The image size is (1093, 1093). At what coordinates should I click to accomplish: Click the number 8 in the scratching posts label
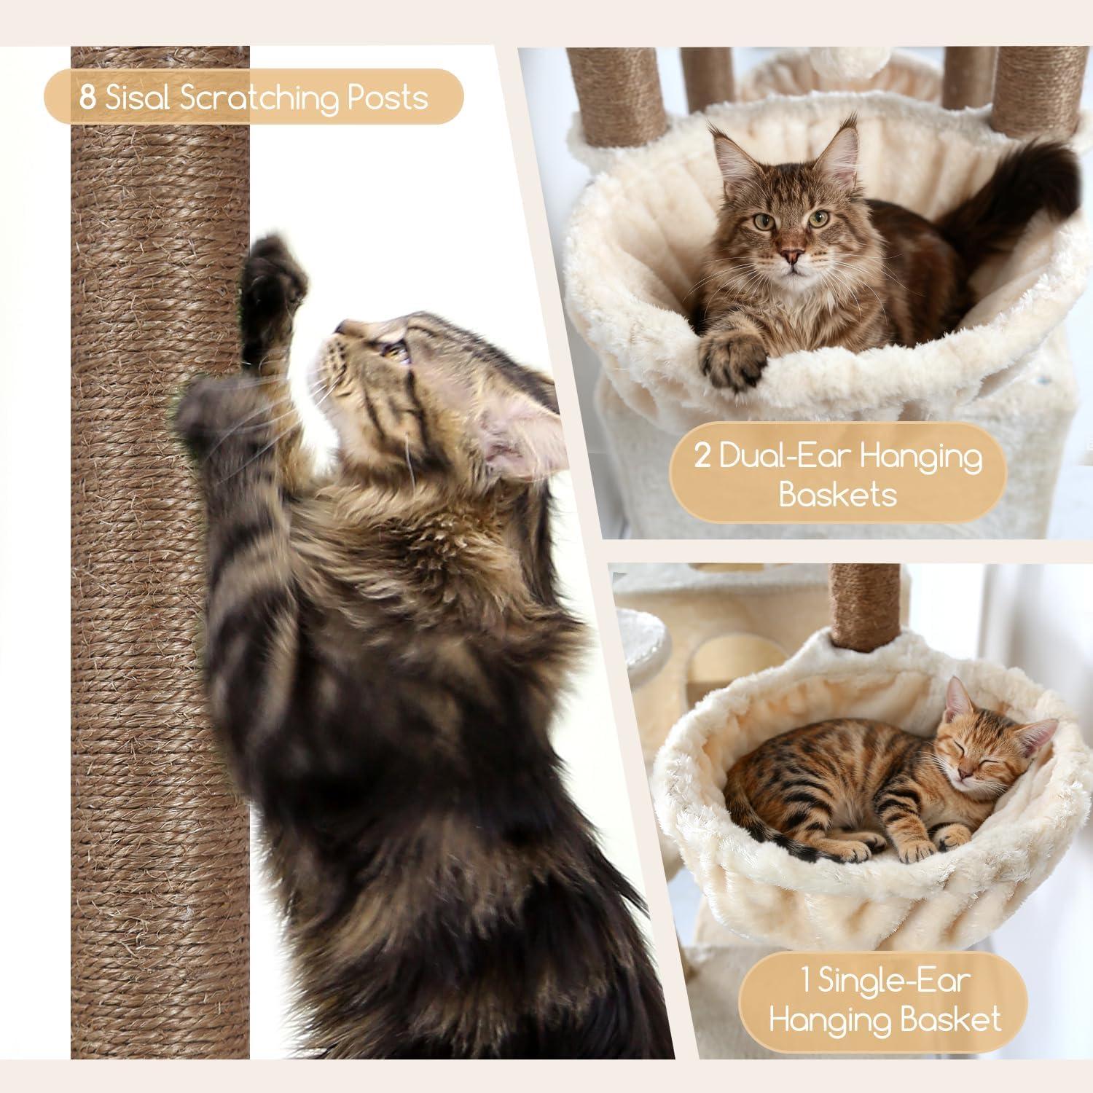click(x=87, y=97)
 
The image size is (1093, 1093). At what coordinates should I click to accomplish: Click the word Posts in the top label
click(x=387, y=97)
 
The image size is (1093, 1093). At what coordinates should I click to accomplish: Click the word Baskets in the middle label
click(x=837, y=495)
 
